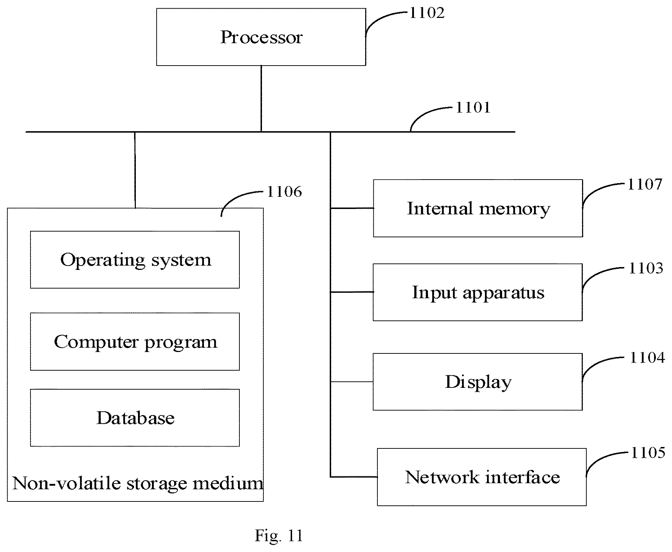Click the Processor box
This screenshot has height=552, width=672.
tap(261, 37)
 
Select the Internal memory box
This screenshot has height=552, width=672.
tap(478, 208)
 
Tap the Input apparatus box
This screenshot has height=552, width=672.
tap(477, 292)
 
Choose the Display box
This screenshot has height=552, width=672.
tap(477, 382)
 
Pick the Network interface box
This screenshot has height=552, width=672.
tap(482, 477)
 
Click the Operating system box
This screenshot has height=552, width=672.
tap(135, 260)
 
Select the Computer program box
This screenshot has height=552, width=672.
tap(135, 342)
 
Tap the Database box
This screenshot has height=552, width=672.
tap(135, 418)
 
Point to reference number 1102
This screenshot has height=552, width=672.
tap(426, 13)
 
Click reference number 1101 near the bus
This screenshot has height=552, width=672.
tap(473, 107)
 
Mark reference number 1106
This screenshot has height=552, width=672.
tap(285, 192)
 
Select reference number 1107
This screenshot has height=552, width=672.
tap(645, 184)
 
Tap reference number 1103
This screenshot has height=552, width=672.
tap(646, 268)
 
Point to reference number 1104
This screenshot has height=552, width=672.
tap(647, 358)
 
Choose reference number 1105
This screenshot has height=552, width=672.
tap(648, 453)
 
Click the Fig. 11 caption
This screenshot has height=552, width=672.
tap(279, 536)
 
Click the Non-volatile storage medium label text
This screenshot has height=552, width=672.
tap(138, 483)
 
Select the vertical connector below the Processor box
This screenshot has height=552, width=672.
tap(261, 99)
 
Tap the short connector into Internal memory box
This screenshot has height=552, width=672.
tap(352, 208)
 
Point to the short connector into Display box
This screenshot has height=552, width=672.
tap(351, 382)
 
